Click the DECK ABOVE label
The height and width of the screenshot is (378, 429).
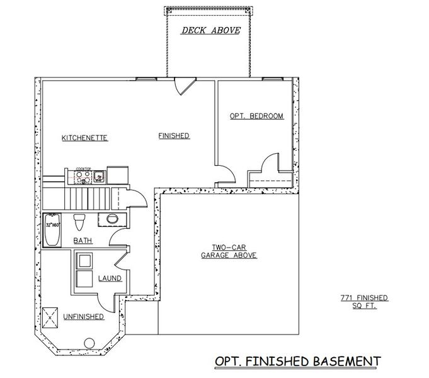pyautogui.click(x=211, y=30)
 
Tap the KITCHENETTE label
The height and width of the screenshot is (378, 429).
pyautogui.click(x=84, y=137)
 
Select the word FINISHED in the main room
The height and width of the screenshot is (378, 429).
pyautogui.click(x=174, y=135)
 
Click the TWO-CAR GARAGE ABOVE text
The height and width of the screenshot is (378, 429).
pyautogui.click(x=229, y=251)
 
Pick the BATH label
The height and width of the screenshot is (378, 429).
pyautogui.click(x=83, y=241)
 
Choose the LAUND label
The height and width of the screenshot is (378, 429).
pyautogui.click(x=110, y=278)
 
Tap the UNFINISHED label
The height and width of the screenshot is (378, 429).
pyautogui.click(x=83, y=317)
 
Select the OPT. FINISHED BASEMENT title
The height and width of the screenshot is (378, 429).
pyautogui.click(x=297, y=361)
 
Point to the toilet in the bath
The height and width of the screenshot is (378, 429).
pyautogui.click(x=79, y=222)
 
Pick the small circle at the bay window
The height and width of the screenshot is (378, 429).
pyautogui.click(x=88, y=343)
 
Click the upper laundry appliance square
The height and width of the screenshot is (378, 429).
pyautogui.click(x=84, y=261)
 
